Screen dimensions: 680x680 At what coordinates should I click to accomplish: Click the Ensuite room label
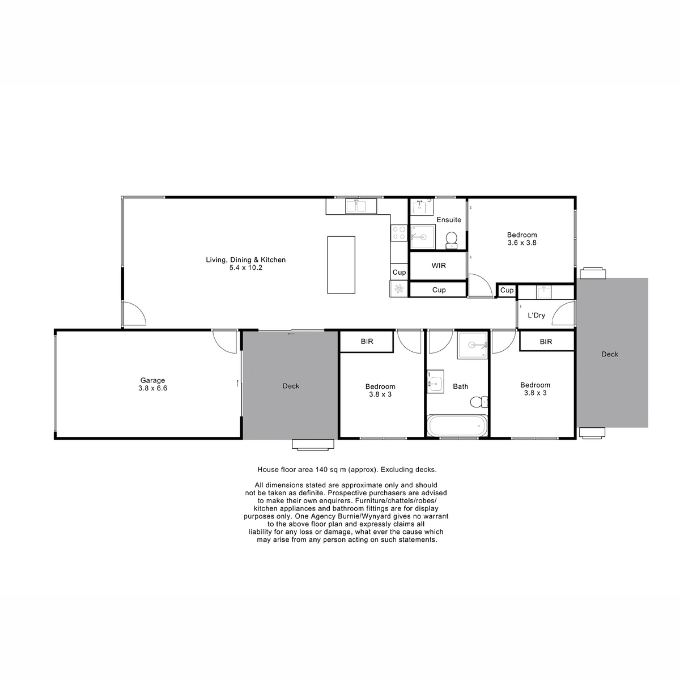[448, 220]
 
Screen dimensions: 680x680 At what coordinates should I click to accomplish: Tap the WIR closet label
[439, 266]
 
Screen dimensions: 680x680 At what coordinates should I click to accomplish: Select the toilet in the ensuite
[451, 240]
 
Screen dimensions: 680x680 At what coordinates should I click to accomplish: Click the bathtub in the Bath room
[457, 426]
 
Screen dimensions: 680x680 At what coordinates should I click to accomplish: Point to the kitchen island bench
[341, 265]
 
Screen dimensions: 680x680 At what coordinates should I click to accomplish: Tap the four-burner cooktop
[399, 233]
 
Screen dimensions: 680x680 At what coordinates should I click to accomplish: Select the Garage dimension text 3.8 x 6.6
[153, 388]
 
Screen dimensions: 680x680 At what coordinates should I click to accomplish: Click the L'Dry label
[537, 316]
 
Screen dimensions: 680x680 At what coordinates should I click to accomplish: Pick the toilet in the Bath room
[479, 402]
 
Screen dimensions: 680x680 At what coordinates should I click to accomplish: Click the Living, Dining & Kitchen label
[245, 260]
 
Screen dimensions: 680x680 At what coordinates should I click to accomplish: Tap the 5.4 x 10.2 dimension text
[245, 268]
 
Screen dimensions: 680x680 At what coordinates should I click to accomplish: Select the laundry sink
[544, 292]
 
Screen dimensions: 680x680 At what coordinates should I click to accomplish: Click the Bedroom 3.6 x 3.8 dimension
[522, 243]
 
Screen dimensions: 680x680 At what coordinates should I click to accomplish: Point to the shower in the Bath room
[473, 345]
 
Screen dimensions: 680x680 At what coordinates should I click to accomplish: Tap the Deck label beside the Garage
[291, 386]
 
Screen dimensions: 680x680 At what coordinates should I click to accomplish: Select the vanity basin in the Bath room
[435, 381]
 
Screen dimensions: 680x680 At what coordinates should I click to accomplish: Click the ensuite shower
[423, 237]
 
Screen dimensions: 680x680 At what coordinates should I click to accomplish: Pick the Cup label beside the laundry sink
[507, 290]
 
